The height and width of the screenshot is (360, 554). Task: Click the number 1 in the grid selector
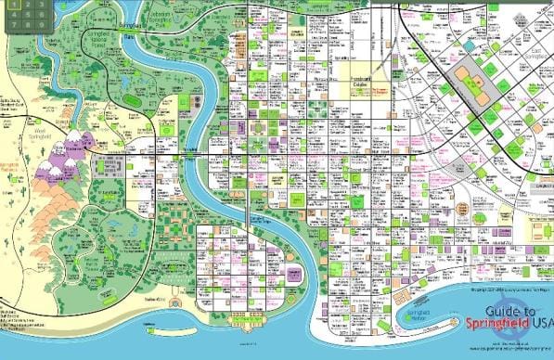pyautogui.click(x=14, y=5)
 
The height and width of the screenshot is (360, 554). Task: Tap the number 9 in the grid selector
pyautogui.click(x=42, y=25)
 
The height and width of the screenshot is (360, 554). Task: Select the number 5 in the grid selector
pyautogui.click(x=28, y=15)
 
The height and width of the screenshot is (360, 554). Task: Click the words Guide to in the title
pyautogui.click(x=514, y=312)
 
